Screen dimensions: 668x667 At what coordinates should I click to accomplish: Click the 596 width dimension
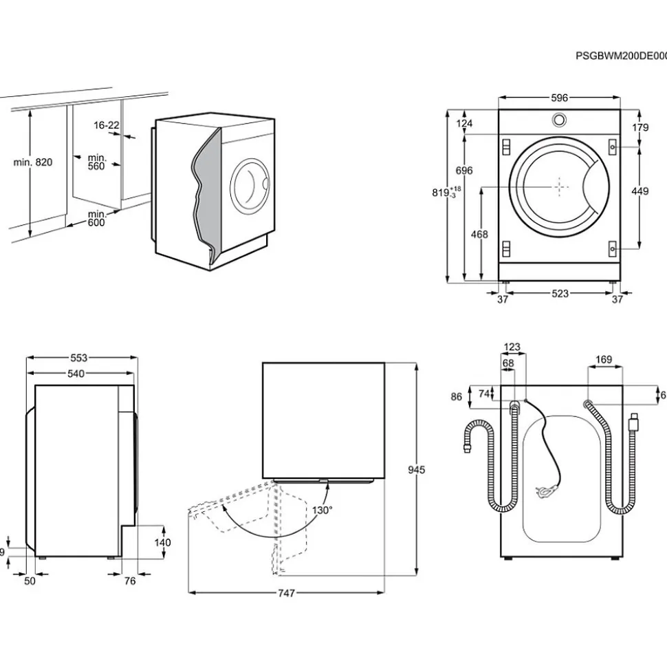tap(559, 98)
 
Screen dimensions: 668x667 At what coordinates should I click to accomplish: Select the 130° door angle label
tap(322, 510)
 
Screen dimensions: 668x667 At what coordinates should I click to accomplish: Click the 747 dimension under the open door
tap(286, 593)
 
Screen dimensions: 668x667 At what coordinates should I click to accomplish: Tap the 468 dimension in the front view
tap(479, 235)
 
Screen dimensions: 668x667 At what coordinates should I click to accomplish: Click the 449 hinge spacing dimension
tap(639, 191)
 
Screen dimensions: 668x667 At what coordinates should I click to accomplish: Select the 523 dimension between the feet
tap(560, 294)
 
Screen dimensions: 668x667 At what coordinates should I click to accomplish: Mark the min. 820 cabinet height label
tap(33, 162)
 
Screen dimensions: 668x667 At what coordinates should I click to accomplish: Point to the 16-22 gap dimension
tap(107, 125)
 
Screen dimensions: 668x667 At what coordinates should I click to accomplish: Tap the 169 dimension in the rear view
tap(604, 358)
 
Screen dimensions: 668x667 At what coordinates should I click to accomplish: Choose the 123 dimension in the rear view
tap(512, 347)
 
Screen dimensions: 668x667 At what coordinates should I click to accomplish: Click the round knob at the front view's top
tap(559, 119)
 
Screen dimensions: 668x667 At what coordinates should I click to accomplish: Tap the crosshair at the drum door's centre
tap(560, 186)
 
